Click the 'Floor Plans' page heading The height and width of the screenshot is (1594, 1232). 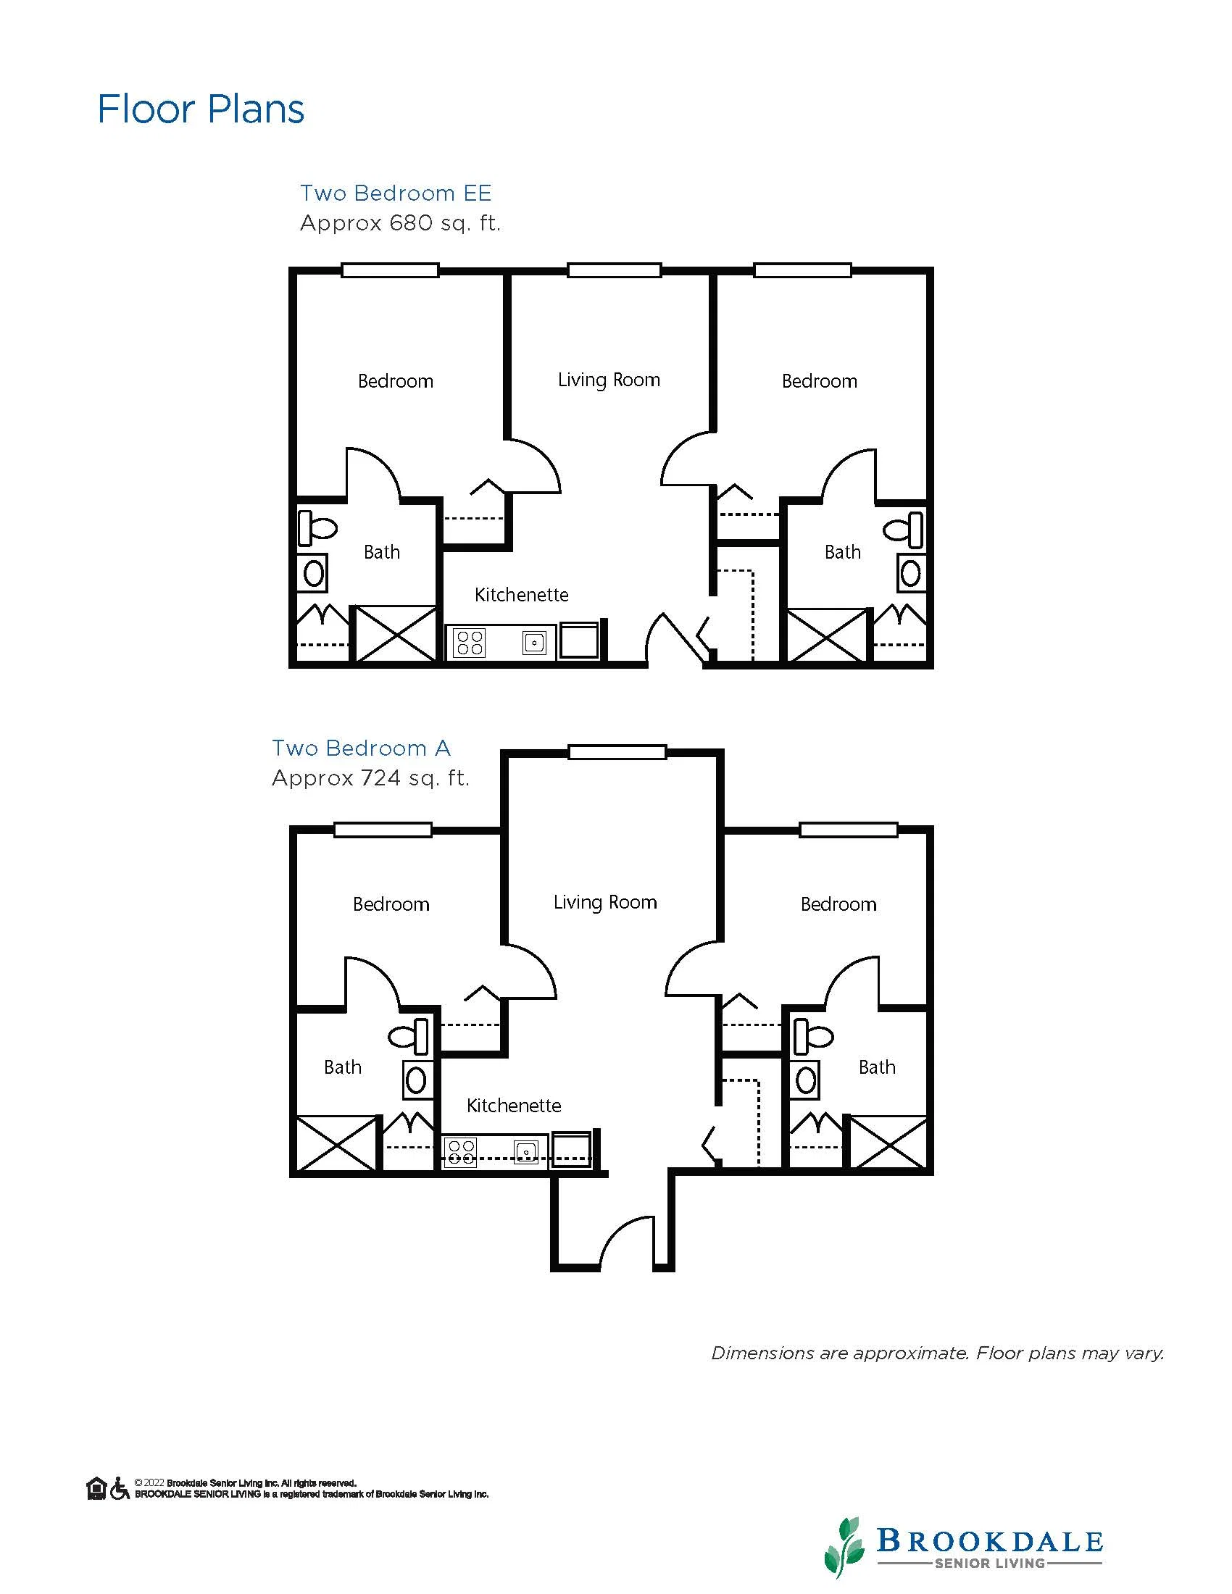coord(201,109)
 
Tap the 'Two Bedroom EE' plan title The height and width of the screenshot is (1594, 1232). coord(396,193)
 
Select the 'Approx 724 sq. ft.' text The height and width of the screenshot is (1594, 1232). coord(370,779)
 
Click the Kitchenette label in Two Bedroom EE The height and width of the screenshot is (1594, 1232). coord(521,595)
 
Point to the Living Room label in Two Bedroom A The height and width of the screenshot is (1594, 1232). coord(605,902)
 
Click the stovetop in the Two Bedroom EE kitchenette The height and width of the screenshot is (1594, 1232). coord(469,642)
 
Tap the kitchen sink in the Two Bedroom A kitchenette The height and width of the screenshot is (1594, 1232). coord(525,1152)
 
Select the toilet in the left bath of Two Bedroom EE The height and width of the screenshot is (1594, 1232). coord(317,527)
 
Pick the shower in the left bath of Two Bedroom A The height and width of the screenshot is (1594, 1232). coord(336,1144)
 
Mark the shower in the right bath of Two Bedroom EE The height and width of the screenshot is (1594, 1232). coord(828,635)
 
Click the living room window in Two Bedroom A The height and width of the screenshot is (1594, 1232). coord(617,752)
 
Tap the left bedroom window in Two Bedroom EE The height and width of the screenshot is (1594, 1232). coord(391,270)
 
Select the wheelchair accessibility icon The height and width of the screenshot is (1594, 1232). coord(119,1488)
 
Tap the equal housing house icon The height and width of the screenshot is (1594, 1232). coord(96,1488)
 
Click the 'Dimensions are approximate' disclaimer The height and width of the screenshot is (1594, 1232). coord(938,1353)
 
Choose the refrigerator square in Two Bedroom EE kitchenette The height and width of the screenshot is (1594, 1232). coord(579,640)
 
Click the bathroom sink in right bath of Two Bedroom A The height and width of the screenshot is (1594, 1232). coord(806,1080)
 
